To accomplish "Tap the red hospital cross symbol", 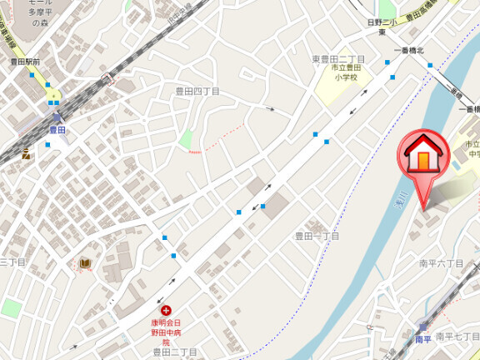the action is pos(165,310).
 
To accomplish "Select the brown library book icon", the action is pos(85,264).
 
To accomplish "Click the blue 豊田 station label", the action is pos(57,129).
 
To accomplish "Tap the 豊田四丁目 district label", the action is pos(197,91).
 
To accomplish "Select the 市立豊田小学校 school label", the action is pos(341,73).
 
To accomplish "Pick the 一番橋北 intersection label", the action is pos(408,51).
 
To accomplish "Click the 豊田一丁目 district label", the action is pos(317,237).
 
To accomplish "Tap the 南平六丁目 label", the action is pos(441,262).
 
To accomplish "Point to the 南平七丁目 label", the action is pos(457,336).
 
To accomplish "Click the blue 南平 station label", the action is pos(424,340).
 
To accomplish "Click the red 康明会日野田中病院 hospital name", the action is pos(165,332).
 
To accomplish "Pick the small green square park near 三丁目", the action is pos(11,308).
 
